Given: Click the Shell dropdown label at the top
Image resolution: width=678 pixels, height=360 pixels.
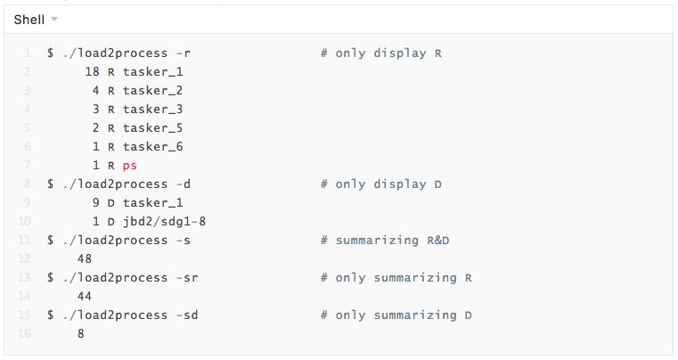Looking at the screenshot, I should [29, 19].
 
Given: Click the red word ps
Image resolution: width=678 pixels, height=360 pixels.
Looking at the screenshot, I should [130, 165].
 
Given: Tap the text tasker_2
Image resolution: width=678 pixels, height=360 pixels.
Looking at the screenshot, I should [152, 90].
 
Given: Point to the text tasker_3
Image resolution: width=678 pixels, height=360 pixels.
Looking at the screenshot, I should [152, 109].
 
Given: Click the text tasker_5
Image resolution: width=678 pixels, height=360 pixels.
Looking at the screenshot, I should [152, 127].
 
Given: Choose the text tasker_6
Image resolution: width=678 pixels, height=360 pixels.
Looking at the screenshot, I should [152, 146].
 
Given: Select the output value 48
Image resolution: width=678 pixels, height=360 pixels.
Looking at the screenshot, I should [85, 258].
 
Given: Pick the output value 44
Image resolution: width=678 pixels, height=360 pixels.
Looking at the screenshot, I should [85, 296].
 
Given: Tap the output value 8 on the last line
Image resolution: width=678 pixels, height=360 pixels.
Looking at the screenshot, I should [81, 333].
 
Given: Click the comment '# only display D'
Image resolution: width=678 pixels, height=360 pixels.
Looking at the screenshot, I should [381, 184].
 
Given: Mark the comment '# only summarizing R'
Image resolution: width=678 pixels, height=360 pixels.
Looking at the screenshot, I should [396, 277].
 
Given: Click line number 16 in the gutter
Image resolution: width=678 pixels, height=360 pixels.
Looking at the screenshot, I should [24, 333].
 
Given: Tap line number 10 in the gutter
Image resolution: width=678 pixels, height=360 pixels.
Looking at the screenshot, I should [24, 221].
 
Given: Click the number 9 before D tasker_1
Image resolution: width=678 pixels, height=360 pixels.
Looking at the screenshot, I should [96, 202].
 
